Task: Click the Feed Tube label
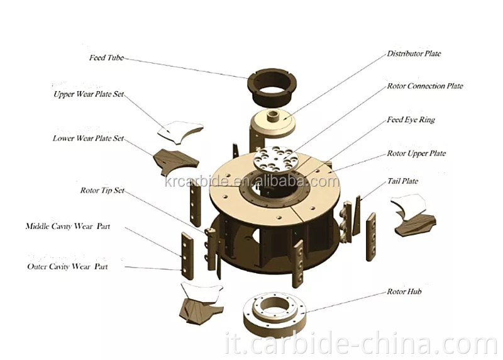tap(106, 58)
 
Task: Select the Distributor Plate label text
tap(414, 54)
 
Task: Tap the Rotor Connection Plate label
tap(425, 86)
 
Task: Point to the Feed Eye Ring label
tap(411, 120)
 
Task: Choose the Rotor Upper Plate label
tap(416, 153)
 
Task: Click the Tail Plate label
tap(402, 181)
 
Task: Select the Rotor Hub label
tap(404, 292)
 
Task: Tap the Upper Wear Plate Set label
tap(89, 95)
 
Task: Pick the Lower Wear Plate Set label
tap(88, 138)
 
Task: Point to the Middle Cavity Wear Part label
tap(68, 226)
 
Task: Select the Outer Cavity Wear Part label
tap(67, 267)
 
